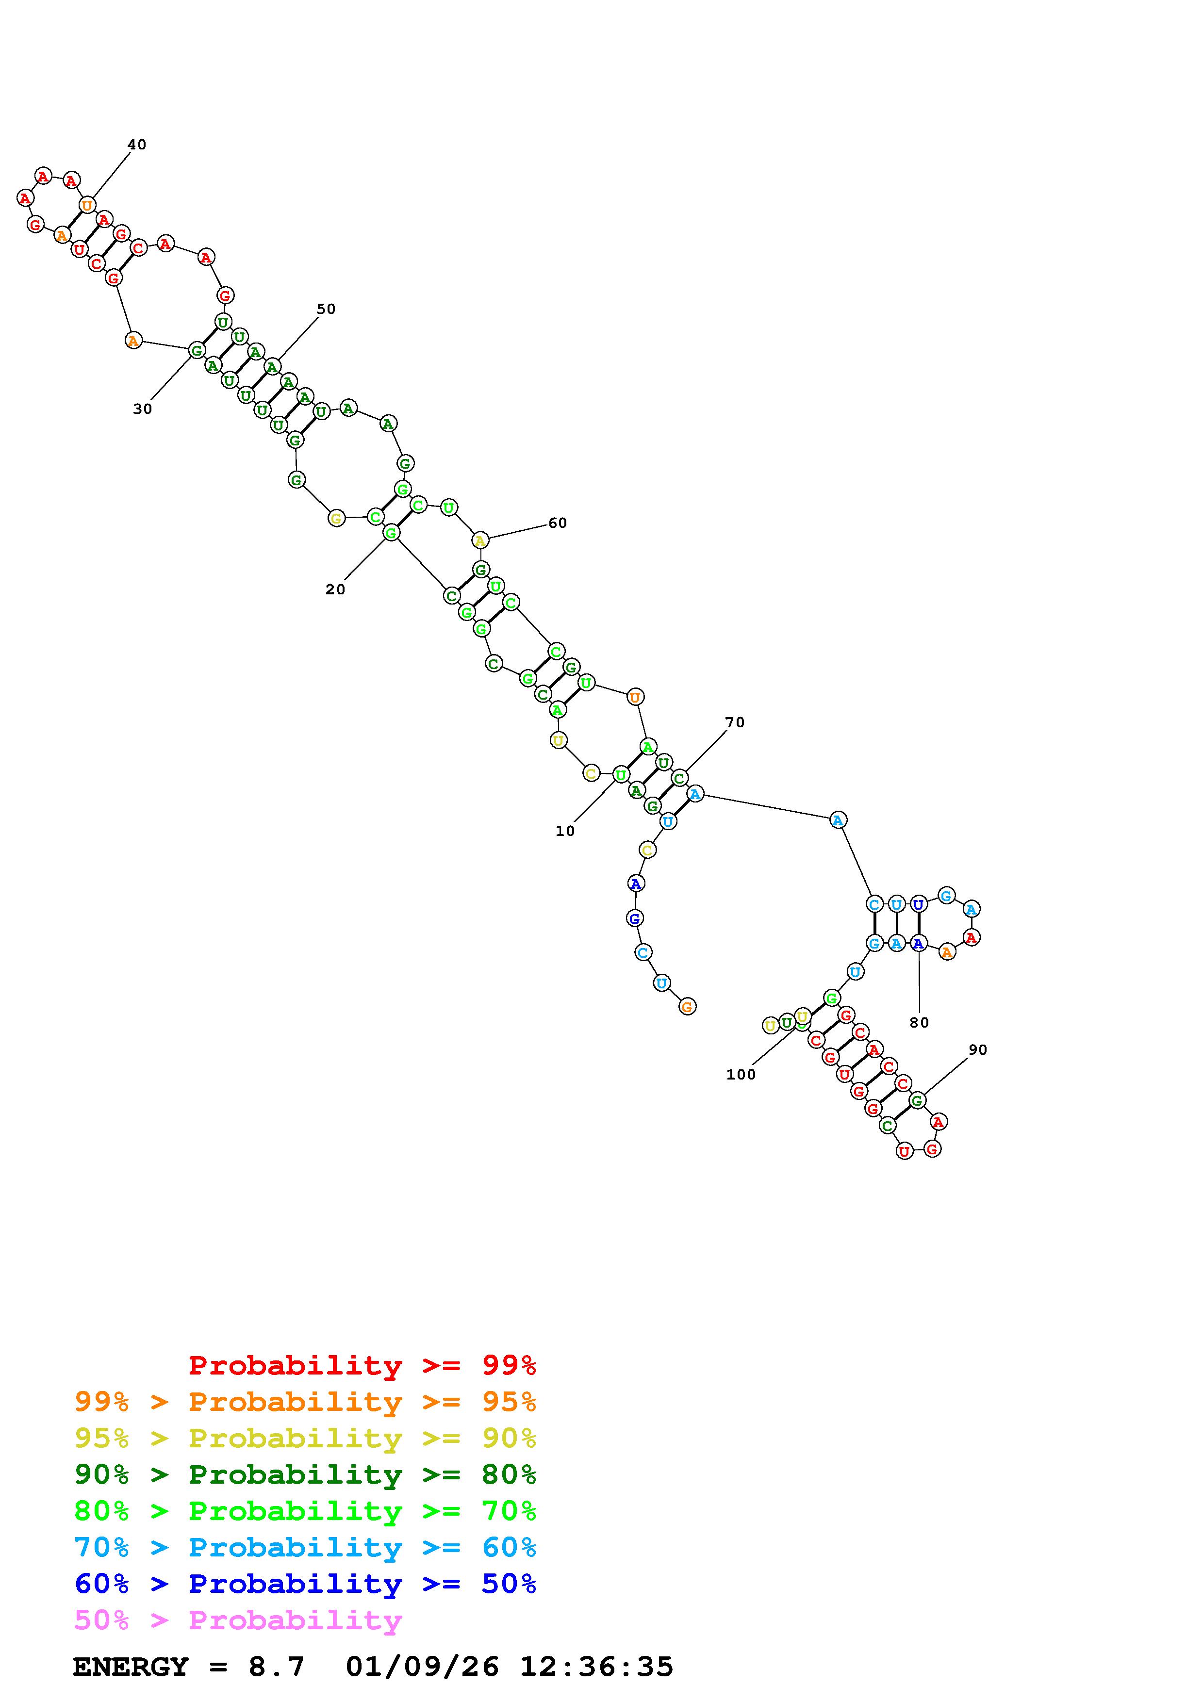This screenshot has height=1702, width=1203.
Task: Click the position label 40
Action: tap(137, 145)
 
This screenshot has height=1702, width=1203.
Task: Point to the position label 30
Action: tap(142, 409)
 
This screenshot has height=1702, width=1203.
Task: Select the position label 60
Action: tap(558, 524)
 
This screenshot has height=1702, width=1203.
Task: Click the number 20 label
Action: tap(335, 589)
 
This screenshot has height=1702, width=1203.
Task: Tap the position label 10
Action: tap(565, 831)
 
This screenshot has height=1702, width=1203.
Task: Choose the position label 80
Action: tap(919, 1022)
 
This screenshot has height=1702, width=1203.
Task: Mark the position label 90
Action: tap(978, 1049)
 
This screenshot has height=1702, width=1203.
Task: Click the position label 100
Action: tap(741, 1075)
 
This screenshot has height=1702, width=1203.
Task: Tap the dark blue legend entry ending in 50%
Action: tap(305, 1584)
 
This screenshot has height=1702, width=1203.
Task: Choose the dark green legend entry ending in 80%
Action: tap(305, 1474)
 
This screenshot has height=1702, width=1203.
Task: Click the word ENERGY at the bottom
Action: tap(131, 1667)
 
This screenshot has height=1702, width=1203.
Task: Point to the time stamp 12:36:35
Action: tap(597, 1667)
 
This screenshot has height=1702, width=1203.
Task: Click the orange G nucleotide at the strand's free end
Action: tap(687, 1007)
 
